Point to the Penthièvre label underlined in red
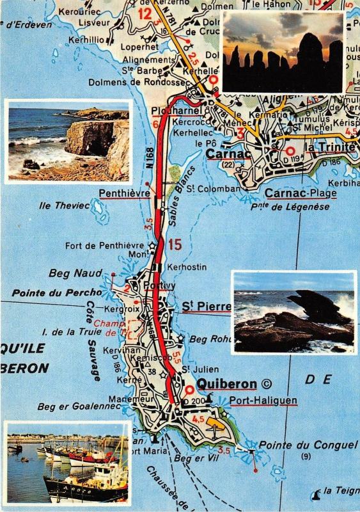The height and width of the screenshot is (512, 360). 124,193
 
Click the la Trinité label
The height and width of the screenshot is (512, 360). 329,147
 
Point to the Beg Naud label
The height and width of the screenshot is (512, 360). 75,273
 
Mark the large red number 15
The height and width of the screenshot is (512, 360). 175,244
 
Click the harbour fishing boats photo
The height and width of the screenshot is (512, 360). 68,462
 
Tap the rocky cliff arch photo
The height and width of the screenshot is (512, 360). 68,141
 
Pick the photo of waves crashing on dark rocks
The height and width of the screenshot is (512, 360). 293,312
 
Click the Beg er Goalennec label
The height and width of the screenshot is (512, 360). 70,406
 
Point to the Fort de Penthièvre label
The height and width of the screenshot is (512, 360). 105,245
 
